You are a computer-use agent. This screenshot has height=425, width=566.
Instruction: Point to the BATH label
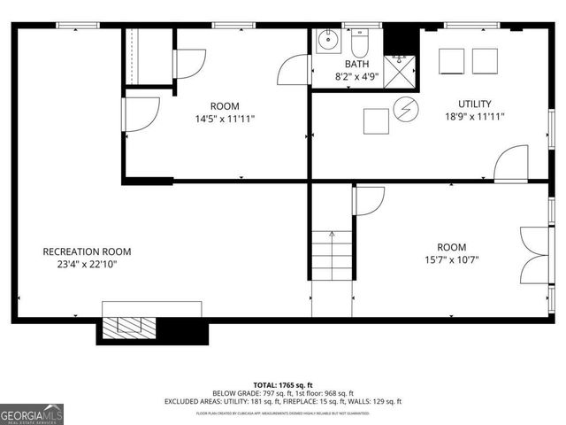tap(356, 64)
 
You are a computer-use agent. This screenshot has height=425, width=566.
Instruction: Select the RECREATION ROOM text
tap(87, 251)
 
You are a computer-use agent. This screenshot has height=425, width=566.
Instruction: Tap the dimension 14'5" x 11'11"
tap(224, 118)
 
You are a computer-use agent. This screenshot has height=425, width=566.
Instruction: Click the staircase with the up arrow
tap(332, 253)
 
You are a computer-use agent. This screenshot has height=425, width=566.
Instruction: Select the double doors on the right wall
tap(534, 251)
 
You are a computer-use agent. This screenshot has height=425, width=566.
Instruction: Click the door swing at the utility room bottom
tap(511, 165)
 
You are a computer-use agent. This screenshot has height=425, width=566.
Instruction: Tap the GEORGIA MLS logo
tap(32, 413)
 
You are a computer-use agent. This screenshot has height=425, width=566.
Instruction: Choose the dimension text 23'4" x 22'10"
tap(87, 264)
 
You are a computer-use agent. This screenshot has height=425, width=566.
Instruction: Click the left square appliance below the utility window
tap(451, 59)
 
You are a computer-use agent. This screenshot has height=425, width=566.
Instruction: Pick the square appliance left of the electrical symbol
tap(375, 120)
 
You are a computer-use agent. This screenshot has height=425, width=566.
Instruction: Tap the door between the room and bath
tap(294, 70)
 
